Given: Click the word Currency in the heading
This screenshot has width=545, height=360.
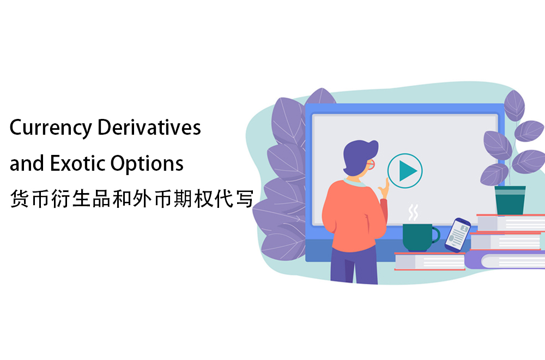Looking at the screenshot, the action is coord(51,128).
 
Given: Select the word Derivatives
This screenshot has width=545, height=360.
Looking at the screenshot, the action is coord(149,127).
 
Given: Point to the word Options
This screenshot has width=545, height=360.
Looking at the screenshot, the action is coord(147,164).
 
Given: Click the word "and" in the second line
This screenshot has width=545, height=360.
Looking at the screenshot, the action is coord(27,163).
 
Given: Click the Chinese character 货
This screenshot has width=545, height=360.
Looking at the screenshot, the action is coord(20,199).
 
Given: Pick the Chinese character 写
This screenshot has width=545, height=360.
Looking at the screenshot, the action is coord(244,199).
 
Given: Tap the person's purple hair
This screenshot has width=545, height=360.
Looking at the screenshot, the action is coord(360,157).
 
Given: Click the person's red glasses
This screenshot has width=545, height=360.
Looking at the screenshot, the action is coord(371,164).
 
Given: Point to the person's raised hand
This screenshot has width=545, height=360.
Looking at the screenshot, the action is coord(384,190).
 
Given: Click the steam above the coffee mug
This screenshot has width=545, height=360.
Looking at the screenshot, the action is coord(413,212).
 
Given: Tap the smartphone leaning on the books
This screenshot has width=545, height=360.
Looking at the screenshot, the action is coord(457,235).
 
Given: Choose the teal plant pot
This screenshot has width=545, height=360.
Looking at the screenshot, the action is coord(510,200).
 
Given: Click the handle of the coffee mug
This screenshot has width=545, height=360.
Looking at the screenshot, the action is coord(436,235).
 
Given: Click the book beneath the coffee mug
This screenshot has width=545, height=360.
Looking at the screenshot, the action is coord(429,261).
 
